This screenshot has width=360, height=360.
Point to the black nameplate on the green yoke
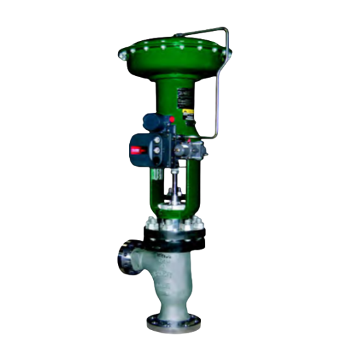pyautogui.click(x=184, y=99)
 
